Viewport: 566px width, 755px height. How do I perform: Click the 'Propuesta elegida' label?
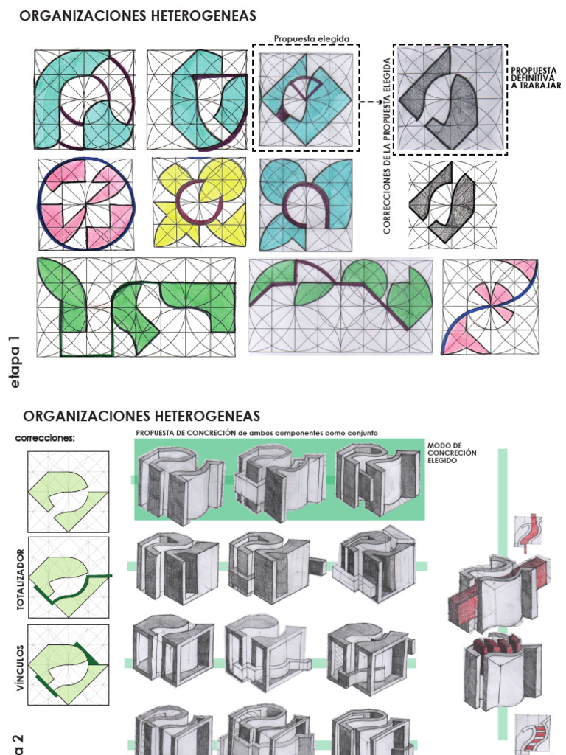pyautogui.click(x=312, y=38)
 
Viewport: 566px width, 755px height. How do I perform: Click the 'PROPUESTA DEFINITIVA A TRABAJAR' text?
pyautogui.click(x=536, y=78)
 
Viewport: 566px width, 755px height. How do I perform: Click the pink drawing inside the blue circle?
pyautogui.click(x=85, y=204)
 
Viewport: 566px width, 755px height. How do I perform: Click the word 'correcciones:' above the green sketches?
pyautogui.click(x=46, y=437)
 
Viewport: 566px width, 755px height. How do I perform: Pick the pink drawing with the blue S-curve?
pyautogui.click(x=489, y=306)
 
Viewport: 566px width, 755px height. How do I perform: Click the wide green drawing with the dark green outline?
pyautogui.click(x=136, y=307)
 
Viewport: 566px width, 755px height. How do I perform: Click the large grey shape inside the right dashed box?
pyautogui.click(x=450, y=99)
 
